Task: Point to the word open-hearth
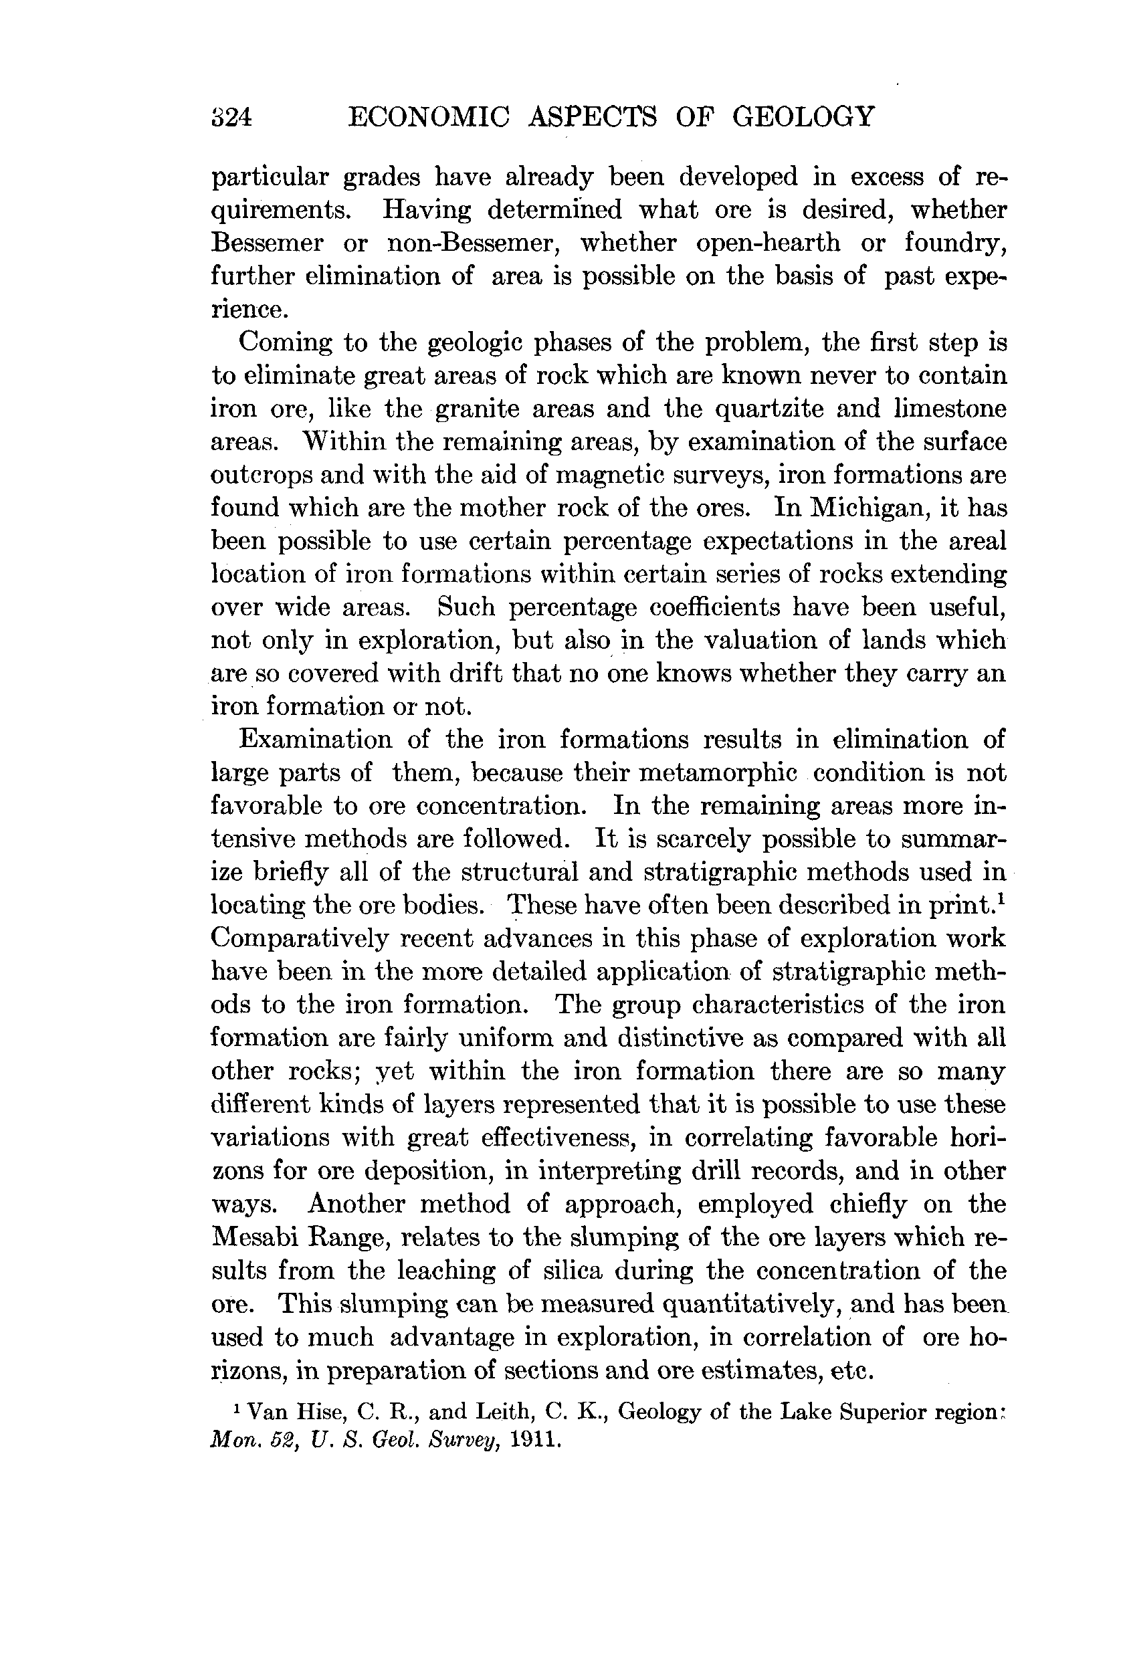pos(768,243)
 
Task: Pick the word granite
pos(484,409)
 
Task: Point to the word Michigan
pos(870,508)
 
